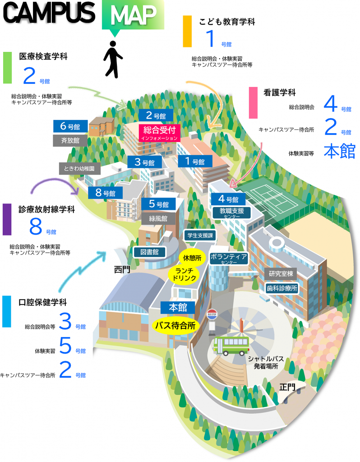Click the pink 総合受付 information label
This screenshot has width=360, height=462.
pyautogui.click(x=159, y=133)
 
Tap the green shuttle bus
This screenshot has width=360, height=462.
pyautogui.click(x=231, y=346)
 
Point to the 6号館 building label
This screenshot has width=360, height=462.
pyautogui.click(x=70, y=126)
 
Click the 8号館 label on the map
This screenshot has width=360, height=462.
pyautogui.click(x=105, y=193)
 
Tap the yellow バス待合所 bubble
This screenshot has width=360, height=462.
pyautogui.click(x=175, y=326)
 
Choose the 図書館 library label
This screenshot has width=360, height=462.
pyautogui.click(x=149, y=252)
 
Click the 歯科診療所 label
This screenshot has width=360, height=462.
pyautogui.click(x=282, y=288)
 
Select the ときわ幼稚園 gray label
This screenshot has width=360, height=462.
pyautogui.click(x=79, y=169)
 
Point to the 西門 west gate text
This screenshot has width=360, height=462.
pyautogui.click(x=122, y=269)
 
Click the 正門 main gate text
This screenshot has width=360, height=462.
pyautogui.click(x=287, y=387)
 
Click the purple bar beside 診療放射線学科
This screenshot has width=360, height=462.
pyautogui.click(x=7, y=219)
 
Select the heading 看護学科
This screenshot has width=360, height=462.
pyautogui.click(x=279, y=92)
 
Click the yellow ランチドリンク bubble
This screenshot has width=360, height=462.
pyautogui.click(x=184, y=274)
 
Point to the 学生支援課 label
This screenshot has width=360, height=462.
pyautogui.click(x=200, y=236)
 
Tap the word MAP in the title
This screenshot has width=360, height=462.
pyautogui.click(x=133, y=15)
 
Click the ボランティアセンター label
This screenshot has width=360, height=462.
pyautogui.click(x=229, y=259)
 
